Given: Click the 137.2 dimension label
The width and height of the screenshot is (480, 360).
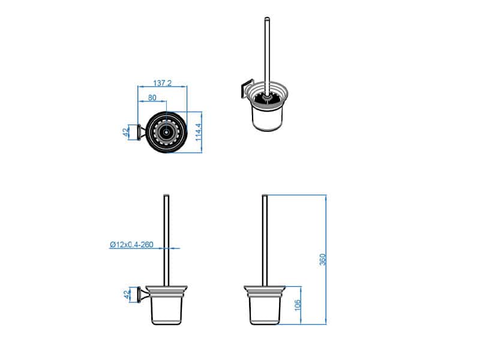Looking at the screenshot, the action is pos(162,83).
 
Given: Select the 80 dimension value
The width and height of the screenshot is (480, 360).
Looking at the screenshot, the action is pos(152,98).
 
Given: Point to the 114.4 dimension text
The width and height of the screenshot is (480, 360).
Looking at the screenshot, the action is pos(199,132).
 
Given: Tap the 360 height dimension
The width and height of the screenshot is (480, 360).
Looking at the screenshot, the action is pos(323,260).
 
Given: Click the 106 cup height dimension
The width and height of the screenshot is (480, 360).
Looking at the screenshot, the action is pos(298,305).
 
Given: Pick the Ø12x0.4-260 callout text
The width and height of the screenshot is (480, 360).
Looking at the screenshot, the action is pos(131,245).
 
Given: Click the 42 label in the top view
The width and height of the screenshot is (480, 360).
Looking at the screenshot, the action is pos(125,132).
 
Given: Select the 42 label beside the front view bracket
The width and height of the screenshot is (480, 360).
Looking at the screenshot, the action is pos(126,295).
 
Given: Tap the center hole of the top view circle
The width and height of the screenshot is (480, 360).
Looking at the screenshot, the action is pos(166,133).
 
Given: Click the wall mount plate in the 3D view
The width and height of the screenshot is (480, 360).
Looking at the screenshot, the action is pos(246,88).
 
